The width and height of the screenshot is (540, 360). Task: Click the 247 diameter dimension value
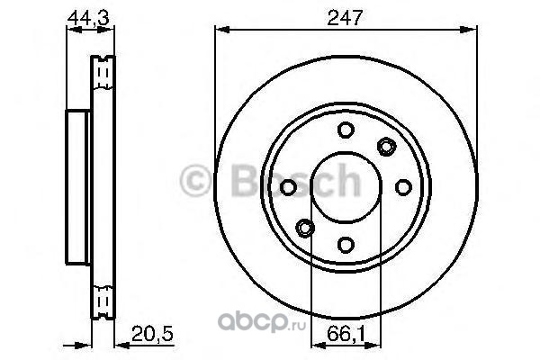(345, 18)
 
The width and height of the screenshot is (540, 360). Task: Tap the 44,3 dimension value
(88, 18)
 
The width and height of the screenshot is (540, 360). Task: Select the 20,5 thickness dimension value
(152, 334)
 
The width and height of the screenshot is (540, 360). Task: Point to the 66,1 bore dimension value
(346, 334)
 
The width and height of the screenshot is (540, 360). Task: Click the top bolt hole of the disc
(346, 130)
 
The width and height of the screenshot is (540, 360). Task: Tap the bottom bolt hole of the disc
(346, 245)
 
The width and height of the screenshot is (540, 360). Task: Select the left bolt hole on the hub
(288, 187)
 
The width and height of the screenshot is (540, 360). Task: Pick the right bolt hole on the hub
(403, 187)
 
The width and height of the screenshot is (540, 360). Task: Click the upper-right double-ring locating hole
(386, 147)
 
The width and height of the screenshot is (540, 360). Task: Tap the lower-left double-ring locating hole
(305, 228)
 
